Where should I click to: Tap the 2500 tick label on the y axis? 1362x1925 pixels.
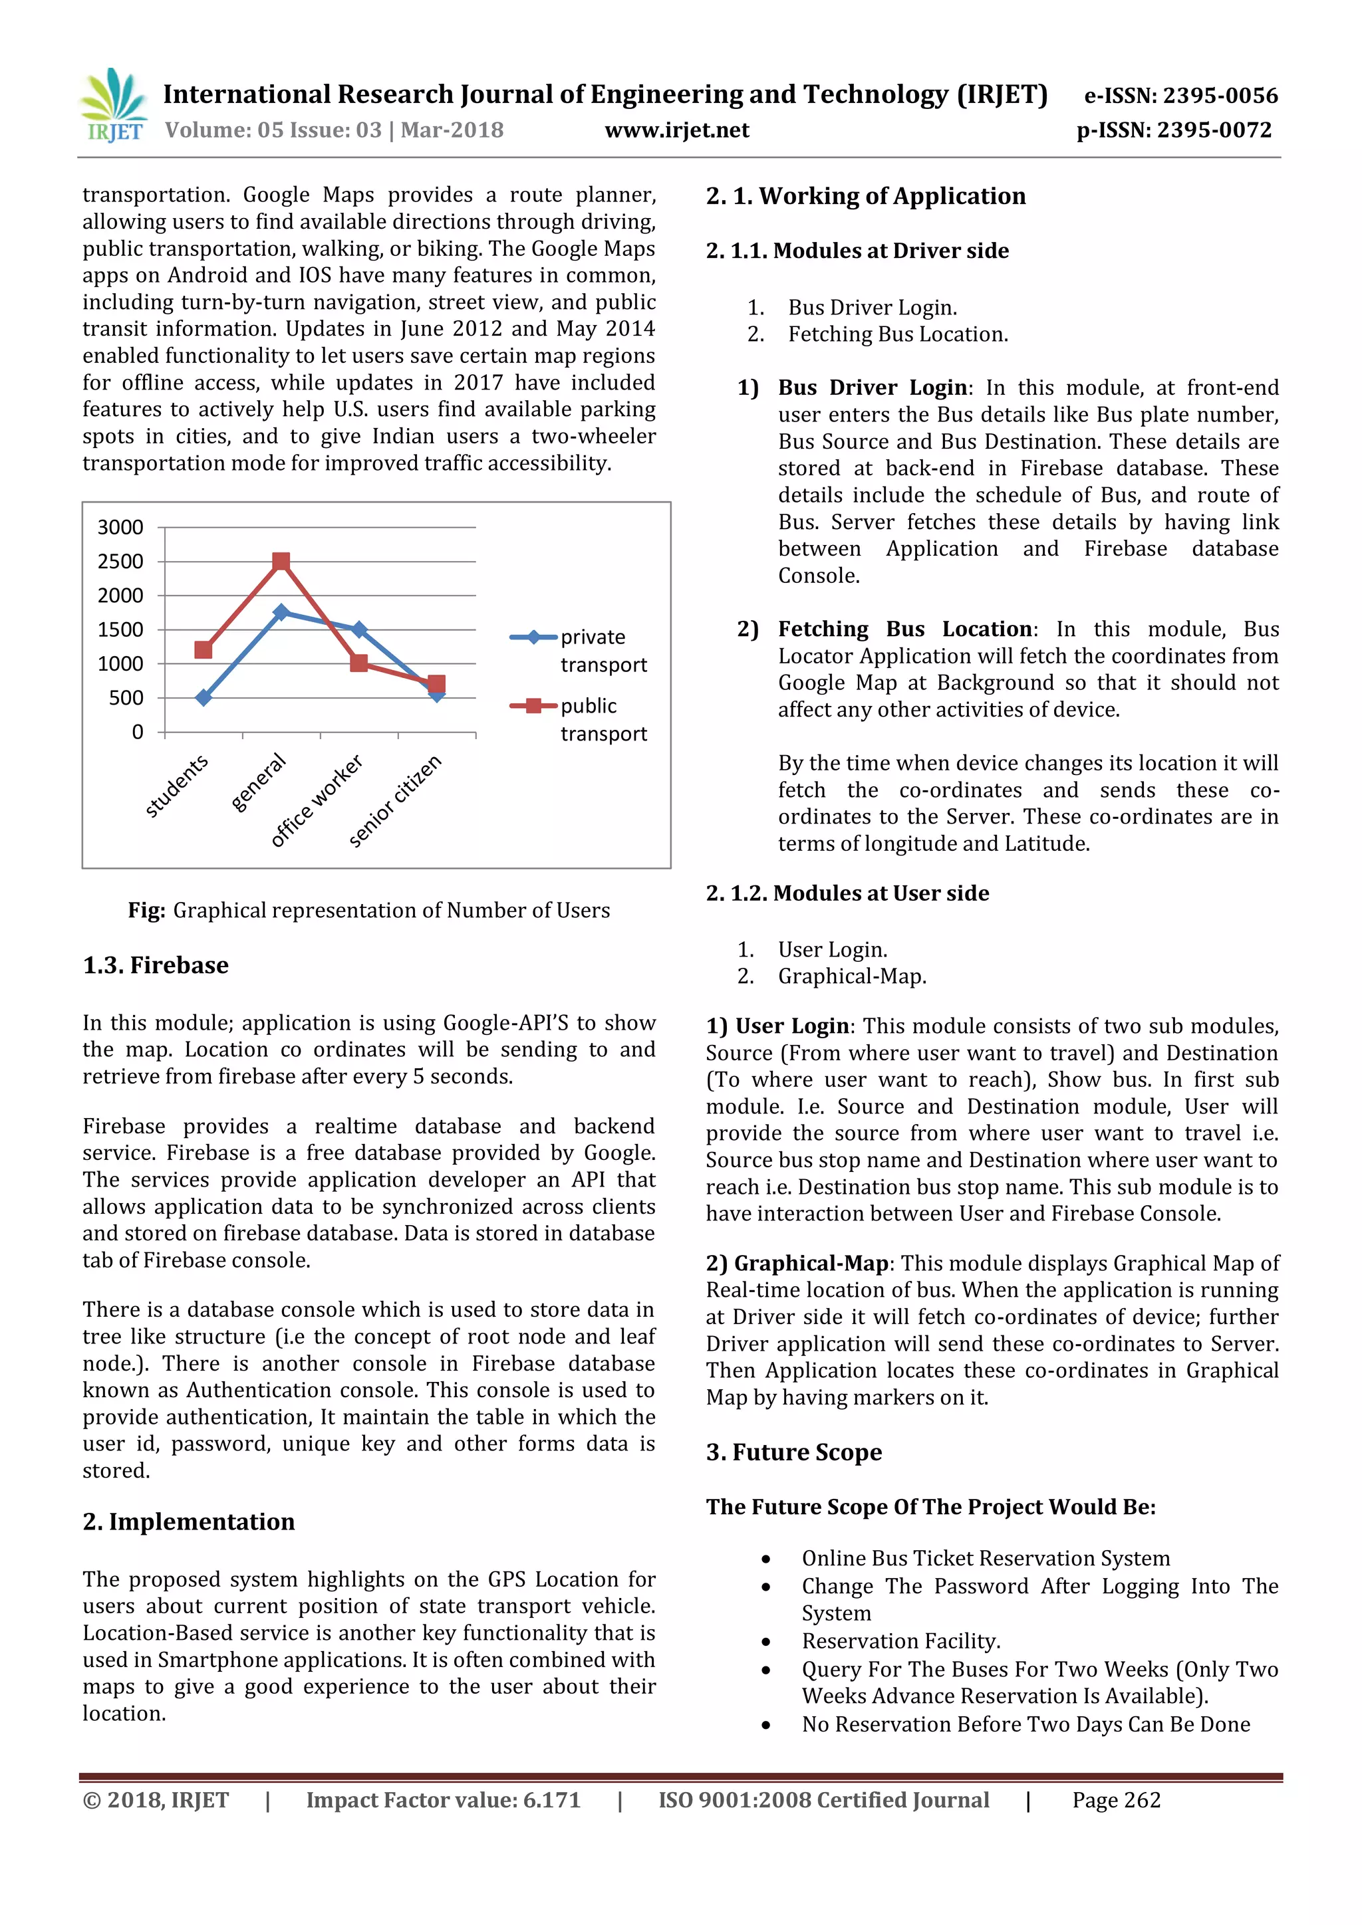121,562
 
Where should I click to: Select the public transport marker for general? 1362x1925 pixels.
281,561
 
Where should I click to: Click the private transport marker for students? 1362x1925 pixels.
203,697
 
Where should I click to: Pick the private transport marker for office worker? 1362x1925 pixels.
359,629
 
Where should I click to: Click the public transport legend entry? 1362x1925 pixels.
579,719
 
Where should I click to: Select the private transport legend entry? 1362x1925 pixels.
579,650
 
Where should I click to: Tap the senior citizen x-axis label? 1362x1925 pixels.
395,802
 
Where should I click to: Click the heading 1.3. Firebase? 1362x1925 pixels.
156,966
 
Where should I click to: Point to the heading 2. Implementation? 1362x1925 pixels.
189,1522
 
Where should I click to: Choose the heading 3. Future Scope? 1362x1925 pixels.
793,1452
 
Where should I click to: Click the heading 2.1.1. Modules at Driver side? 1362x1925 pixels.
857,251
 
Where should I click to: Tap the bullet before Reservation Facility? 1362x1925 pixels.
765,1642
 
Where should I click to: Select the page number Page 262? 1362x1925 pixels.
1117,1800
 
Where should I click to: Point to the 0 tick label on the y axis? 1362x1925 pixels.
138,733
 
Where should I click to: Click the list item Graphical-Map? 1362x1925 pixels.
852,976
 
